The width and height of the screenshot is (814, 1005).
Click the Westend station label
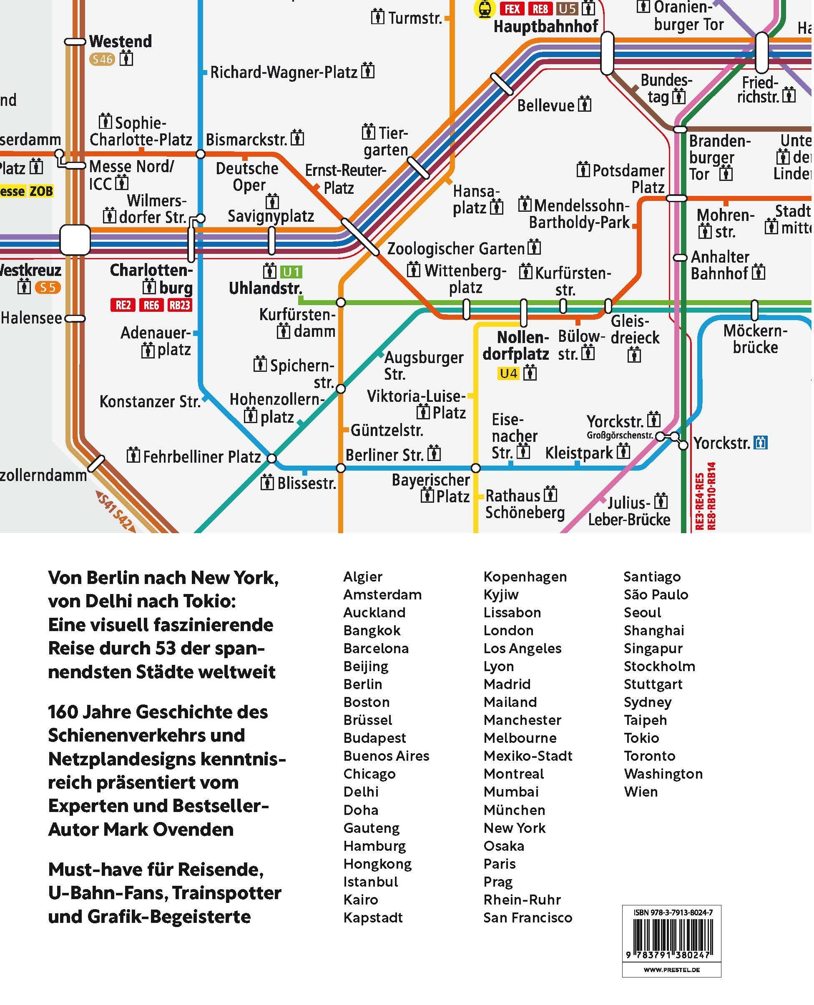click(120, 41)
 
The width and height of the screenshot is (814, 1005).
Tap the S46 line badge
click(102, 59)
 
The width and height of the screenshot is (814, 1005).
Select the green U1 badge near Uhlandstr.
click(291, 271)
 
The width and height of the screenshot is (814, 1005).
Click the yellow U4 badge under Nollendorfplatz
click(508, 373)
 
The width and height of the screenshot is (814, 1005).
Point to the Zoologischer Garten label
click(456, 248)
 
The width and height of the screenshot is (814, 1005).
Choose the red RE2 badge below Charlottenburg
click(123, 305)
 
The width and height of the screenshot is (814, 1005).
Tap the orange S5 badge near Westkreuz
click(48, 287)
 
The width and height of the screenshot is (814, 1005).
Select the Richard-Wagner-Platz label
click(284, 72)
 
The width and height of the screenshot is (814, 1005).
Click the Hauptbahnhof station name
click(546, 26)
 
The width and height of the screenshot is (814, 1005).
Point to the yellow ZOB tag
click(41, 191)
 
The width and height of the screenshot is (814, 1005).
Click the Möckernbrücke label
click(755, 339)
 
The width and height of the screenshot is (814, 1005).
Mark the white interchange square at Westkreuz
click(75, 240)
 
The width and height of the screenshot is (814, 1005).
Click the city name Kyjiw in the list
click(501, 594)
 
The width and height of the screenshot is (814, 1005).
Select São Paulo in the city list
click(656, 594)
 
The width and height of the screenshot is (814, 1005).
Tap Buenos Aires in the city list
click(386, 756)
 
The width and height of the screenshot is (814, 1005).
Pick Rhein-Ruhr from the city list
click(522, 899)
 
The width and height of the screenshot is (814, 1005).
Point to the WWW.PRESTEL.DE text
click(671, 970)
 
